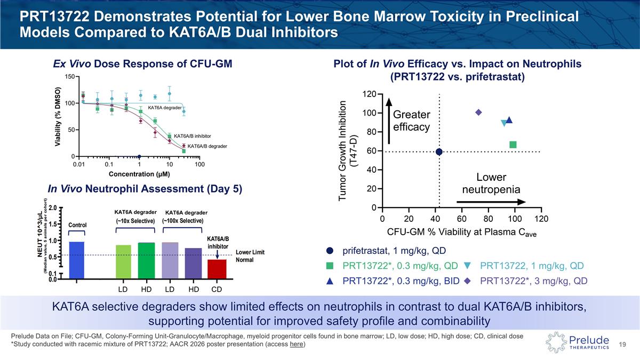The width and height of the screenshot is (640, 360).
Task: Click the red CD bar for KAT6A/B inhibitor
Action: [x=217, y=269]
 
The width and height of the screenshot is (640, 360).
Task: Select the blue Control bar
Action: [x=77, y=260]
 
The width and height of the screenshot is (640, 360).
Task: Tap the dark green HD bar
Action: [x=146, y=261]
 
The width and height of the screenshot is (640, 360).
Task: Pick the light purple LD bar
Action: [x=170, y=260]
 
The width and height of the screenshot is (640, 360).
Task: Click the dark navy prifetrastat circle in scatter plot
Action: [x=439, y=152]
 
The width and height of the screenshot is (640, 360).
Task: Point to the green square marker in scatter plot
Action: [x=513, y=145]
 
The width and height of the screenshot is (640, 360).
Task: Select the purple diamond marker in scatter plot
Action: [x=478, y=113]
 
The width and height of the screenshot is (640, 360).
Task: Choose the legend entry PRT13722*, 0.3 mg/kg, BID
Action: [x=393, y=281]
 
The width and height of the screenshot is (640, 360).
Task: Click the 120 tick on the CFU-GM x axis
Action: [x=541, y=219]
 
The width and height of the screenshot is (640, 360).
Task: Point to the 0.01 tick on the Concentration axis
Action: [x=79, y=164]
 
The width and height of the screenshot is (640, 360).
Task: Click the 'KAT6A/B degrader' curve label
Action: [x=207, y=146]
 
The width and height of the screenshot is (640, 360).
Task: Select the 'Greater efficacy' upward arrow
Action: [x=389, y=121]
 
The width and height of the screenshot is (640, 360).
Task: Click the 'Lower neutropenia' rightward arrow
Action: [x=491, y=202]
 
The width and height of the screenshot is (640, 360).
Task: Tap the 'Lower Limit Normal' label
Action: [x=250, y=256]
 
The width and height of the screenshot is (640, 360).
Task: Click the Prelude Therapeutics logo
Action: [x=577, y=342]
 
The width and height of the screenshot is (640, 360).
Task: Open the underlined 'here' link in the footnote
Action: [x=297, y=344]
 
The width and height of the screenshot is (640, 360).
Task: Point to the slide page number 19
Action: [x=622, y=345]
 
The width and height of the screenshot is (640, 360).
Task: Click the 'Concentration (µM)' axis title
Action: [x=139, y=174]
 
